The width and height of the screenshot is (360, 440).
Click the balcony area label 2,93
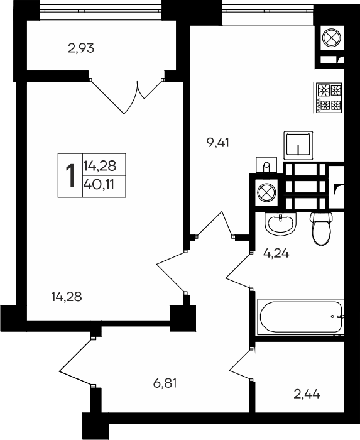[81, 48]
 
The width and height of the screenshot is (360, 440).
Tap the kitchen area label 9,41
[218, 143]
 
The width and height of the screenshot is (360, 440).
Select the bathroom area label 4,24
[276, 253]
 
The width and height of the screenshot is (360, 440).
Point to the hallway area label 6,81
[165, 383]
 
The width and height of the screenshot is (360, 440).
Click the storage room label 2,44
[307, 395]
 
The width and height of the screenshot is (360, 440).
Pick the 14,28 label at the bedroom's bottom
[67, 297]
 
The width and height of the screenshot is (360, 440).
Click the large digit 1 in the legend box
[70, 175]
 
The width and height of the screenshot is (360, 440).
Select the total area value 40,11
[99, 185]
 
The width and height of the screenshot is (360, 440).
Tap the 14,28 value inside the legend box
[99, 166]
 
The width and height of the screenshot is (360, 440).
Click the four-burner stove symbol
[329, 97]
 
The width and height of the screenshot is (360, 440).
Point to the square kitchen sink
[298, 145]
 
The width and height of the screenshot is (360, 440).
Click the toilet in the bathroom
[321, 228]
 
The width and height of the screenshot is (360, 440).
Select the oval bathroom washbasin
[280, 223]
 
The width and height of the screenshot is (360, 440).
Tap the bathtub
[300, 317]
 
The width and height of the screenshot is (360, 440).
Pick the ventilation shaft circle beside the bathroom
[266, 192]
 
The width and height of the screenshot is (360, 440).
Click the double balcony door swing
[126, 96]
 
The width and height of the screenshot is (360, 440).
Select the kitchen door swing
[216, 224]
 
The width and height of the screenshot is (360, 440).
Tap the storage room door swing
[241, 365]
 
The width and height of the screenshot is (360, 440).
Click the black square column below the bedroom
[183, 318]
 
